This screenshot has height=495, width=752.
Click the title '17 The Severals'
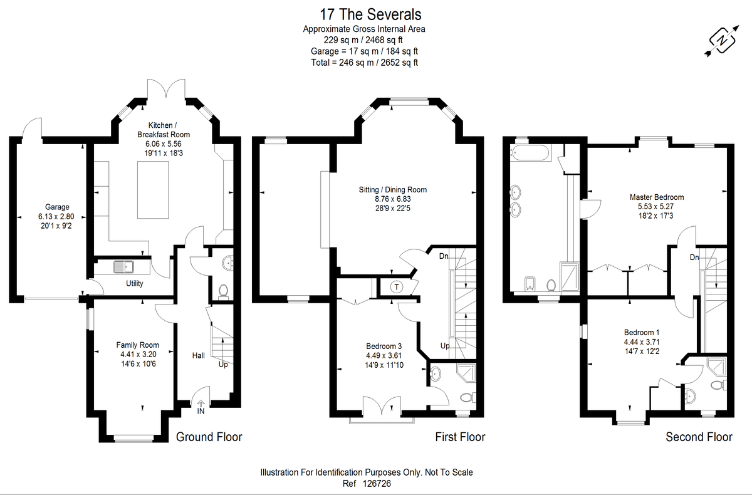pyautogui.click(x=370, y=14)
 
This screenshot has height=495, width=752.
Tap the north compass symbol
pyautogui.click(x=722, y=41)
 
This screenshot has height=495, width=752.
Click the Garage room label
pyautogui.click(x=57, y=207)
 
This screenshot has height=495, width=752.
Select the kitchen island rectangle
pyautogui.click(x=153, y=190)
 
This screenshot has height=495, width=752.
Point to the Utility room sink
pyautogui.click(x=123, y=267)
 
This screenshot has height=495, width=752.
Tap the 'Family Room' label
pyautogui.click(x=138, y=345)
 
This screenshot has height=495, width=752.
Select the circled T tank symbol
pyautogui.click(x=397, y=287)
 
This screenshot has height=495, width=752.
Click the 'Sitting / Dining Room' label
pyautogui.click(x=393, y=190)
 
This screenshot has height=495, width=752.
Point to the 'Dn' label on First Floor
pyautogui.click(x=444, y=256)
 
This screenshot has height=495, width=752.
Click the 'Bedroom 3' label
pyautogui.click(x=384, y=346)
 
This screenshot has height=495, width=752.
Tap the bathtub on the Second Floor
pyautogui.click(x=530, y=153)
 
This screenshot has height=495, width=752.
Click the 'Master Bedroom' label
pyautogui.click(x=657, y=197)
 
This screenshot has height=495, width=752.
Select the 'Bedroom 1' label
pyautogui.click(x=642, y=333)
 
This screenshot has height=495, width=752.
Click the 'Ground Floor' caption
pyautogui.click(x=209, y=437)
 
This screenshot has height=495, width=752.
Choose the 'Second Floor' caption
pyautogui.click(x=699, y=437)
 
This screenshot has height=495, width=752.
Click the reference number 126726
pyautogui.click(x=377, y=484)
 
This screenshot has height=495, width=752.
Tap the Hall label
pyautogui.click(x=199, y=355)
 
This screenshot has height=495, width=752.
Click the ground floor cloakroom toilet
pyautogui.click(x=223, y=291)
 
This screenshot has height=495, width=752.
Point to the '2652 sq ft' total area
pyautogui.click(x=399, y=63)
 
